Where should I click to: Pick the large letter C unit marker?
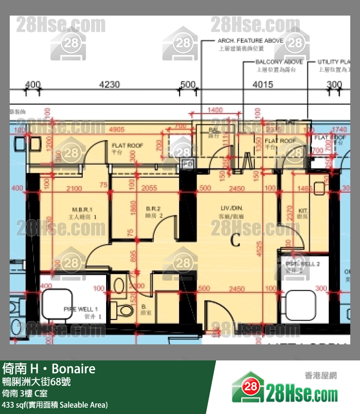pos(235,240)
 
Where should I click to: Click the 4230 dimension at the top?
pos(109,84)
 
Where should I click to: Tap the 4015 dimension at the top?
pos(263,84)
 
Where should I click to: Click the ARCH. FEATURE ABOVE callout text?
pos(251,41)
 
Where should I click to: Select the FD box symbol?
pos(187,164)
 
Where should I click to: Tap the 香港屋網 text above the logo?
pos(321,376)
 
